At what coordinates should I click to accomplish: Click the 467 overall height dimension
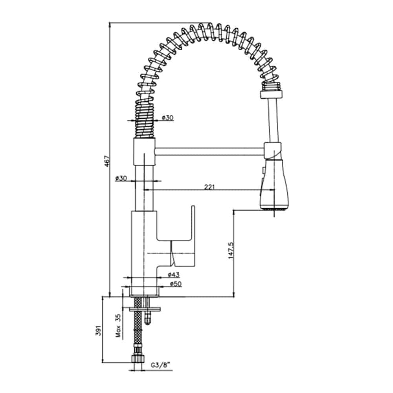(107, 161)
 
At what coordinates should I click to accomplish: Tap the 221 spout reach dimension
(209, 187)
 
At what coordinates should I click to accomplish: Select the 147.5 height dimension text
(231, 250)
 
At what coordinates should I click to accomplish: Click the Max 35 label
(118, 326)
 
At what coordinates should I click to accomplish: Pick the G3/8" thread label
(160, 365)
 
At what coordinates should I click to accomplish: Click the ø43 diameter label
(174, 275)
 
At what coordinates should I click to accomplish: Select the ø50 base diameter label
(176, 284)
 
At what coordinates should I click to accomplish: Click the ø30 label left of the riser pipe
(121, 178)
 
